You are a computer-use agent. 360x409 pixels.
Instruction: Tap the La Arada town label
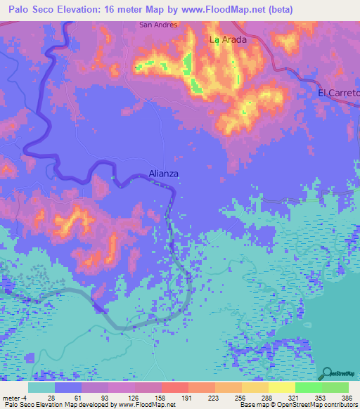click(x=228, y=40)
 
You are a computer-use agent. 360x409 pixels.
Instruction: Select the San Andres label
click(x=159, y=24)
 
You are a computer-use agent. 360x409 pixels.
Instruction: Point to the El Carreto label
click(x=338, y=93)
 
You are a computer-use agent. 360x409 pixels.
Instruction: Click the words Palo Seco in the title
click(x=33, y=9)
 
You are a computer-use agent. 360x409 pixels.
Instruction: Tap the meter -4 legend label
click(x=15, y=397)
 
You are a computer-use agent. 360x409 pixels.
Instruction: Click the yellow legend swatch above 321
click(x=281, y=387)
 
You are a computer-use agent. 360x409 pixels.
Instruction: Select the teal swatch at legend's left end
click(x=41, y=387)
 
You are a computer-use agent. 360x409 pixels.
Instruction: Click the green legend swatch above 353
click(x=308, y=387)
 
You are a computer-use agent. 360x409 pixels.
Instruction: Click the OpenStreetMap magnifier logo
click(x=327, y=373)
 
